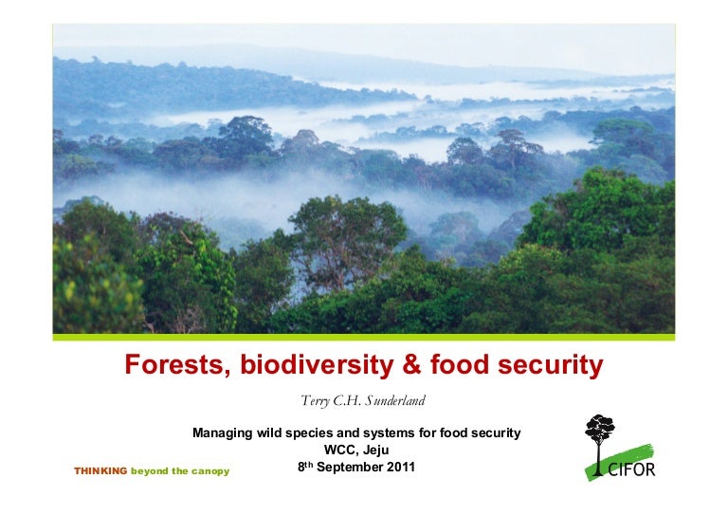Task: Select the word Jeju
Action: pos(375,450)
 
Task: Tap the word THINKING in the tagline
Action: pos(100,471)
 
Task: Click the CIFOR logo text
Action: pos(630,469)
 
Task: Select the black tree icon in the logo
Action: pos(599,439)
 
